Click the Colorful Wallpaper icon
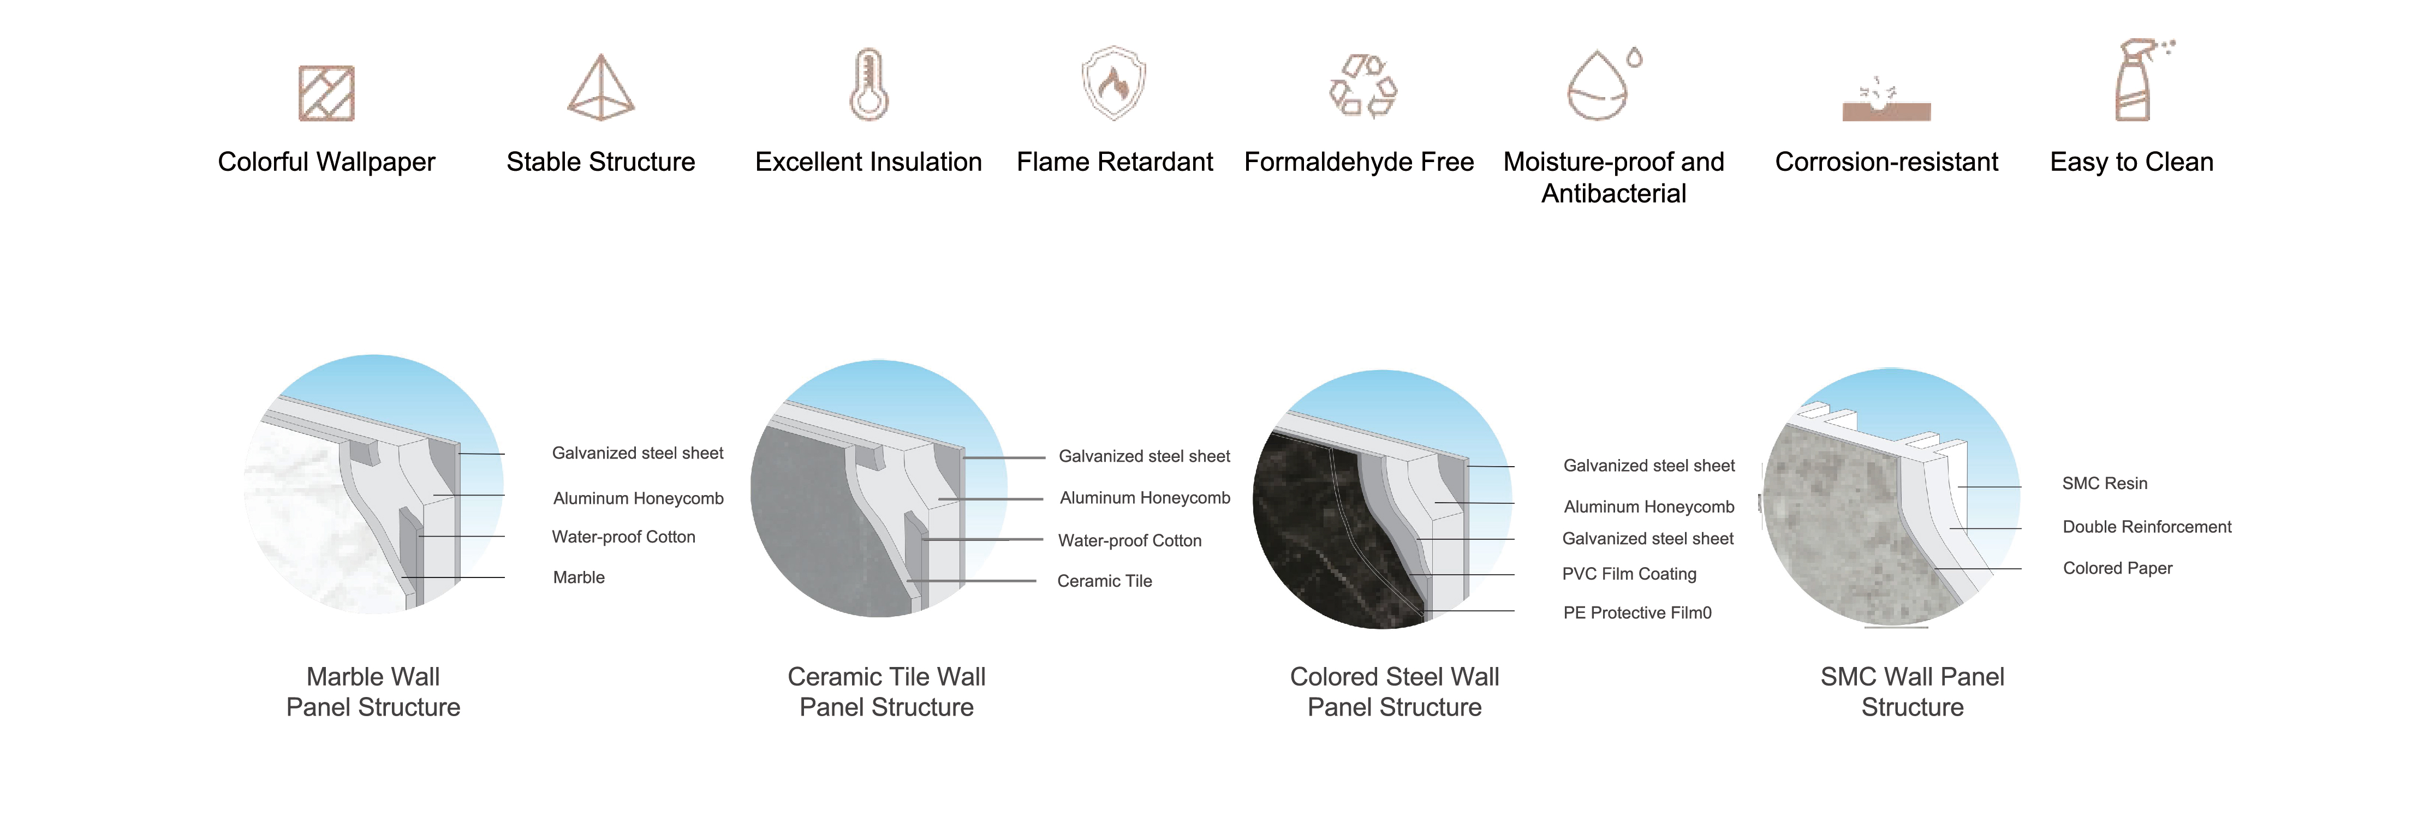pos(326,93)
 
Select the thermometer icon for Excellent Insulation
pos(869,85)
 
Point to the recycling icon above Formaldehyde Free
pos(1363,86)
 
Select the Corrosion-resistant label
pos(1887,162)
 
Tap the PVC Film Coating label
pos(1629,574)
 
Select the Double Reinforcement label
pos(2147,527)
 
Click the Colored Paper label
pos(2118,569)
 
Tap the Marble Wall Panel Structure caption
pos(373,692)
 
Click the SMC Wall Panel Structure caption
pos(1912,692)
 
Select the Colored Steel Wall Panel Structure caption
pos(1395,692)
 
